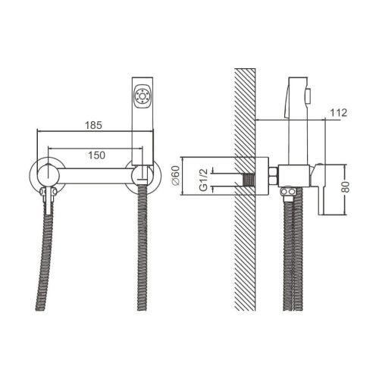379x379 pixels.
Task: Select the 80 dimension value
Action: [346, 186]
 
